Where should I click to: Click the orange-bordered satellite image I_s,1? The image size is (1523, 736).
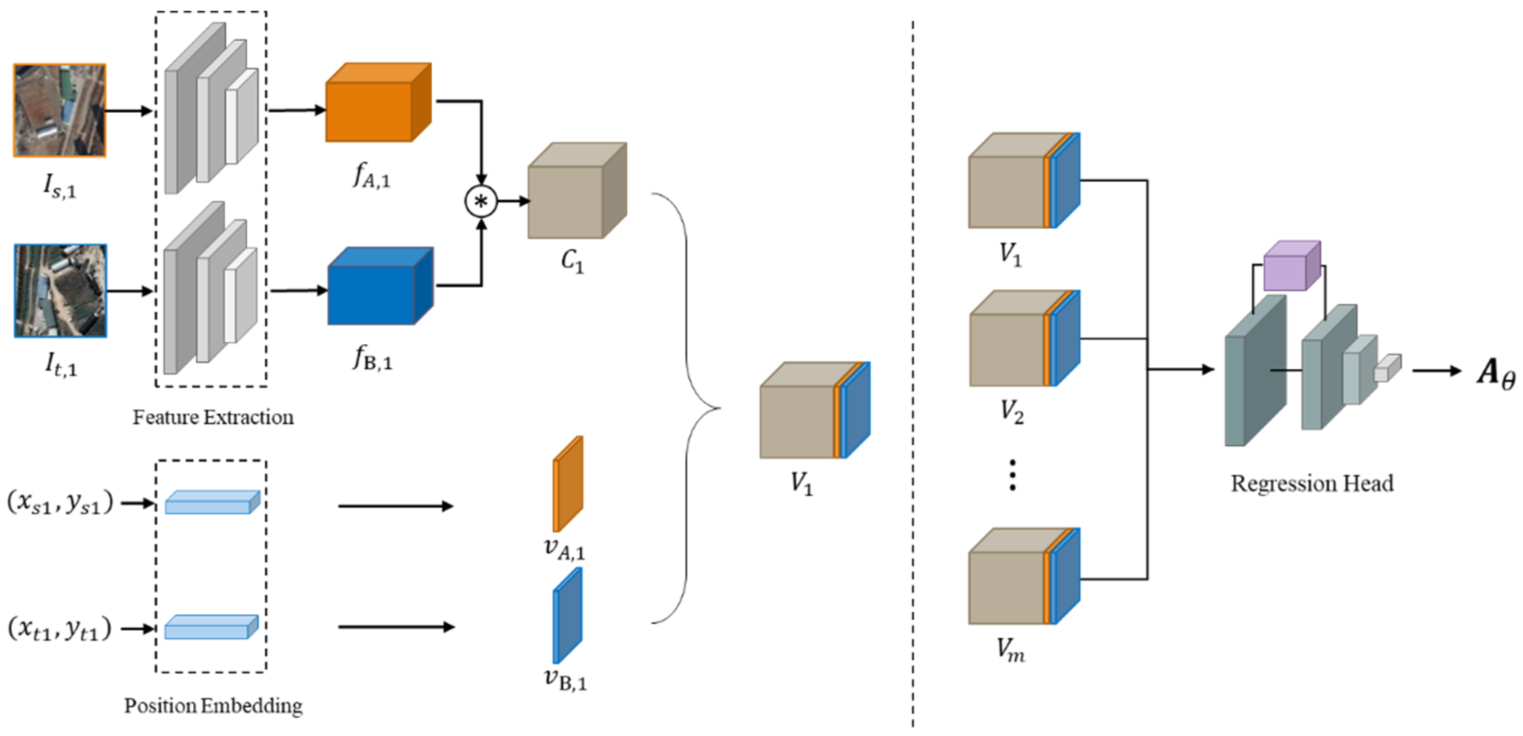(x=59, y=111)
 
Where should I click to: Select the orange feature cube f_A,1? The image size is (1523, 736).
(x=378, y=102)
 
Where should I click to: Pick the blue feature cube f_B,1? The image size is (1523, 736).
(x=380, y=286)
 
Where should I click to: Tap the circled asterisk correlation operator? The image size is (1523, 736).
(x=481, y=201)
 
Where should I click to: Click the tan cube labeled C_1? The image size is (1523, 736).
(x=577, y=190)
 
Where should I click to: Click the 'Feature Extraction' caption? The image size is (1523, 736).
(x=213, y=417)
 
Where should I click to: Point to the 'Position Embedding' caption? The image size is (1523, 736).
(x=213, y=706)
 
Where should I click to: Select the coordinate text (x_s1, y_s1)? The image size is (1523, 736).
(x=59, y=503)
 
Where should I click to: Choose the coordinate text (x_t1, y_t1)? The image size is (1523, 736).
(x=59, y=629)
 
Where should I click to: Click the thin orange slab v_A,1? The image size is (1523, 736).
(x=567, y=484)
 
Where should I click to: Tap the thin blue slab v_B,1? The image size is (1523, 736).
(x=567, y=615)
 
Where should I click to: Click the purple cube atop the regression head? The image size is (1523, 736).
(x=1292, y=266)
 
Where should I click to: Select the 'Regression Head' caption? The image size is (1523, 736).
(x=1312, y=484)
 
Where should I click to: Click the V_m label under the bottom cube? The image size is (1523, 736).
(x=1011, y=650)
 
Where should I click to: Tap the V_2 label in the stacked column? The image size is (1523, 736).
(x=1012, y=411)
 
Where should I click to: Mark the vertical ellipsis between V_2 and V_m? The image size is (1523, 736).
(x=1013, y=475)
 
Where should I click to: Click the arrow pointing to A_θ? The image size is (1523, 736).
(x=1437, y=371)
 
